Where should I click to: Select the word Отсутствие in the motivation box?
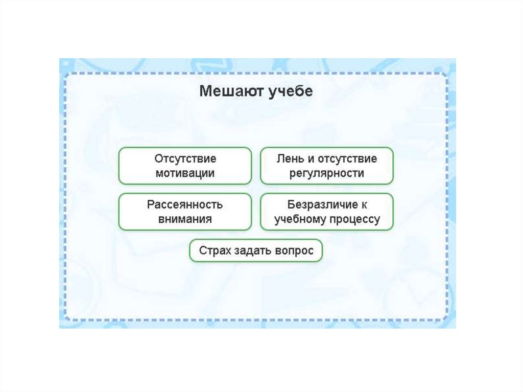185,158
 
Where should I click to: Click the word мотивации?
185,173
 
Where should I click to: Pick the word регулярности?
327,173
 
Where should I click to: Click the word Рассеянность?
185,204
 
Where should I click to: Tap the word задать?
251,251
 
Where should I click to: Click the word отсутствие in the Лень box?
347,158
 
